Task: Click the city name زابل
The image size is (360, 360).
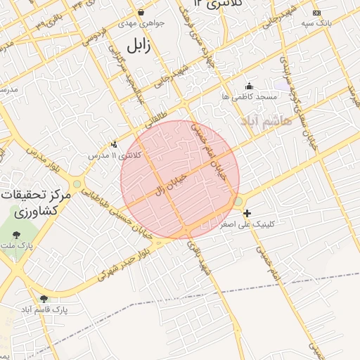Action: click(139, 45)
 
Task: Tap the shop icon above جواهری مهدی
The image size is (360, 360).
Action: click(141, 12)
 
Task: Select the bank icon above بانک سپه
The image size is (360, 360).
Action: click(316, 13)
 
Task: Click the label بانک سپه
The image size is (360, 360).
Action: click(316, 23)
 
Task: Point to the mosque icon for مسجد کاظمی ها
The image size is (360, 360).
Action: click(248, 86)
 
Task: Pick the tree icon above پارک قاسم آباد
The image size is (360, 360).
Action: click(44, 299)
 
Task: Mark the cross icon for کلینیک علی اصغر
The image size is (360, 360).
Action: click(247, 212)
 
